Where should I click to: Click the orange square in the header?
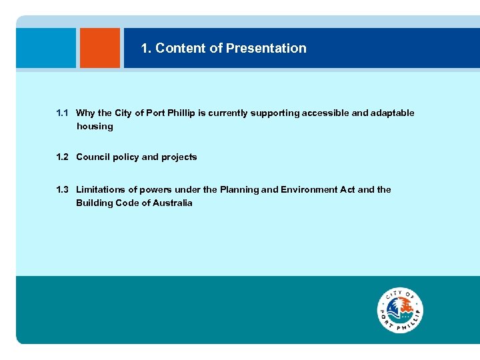(100, 48)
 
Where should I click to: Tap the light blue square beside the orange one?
(46, 48)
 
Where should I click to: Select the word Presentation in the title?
(266, 48)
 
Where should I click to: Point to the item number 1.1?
(63, 113)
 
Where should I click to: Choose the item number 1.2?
(63, 157)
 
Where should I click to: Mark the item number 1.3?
(63, 190)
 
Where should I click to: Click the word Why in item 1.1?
(85, 113)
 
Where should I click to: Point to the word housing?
(95, 127)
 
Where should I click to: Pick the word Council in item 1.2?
(93, 157)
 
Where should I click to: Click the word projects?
(179, 157)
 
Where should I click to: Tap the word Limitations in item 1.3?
(100, 190)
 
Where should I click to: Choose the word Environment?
(309, 190)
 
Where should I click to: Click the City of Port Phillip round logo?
(400, 310)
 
